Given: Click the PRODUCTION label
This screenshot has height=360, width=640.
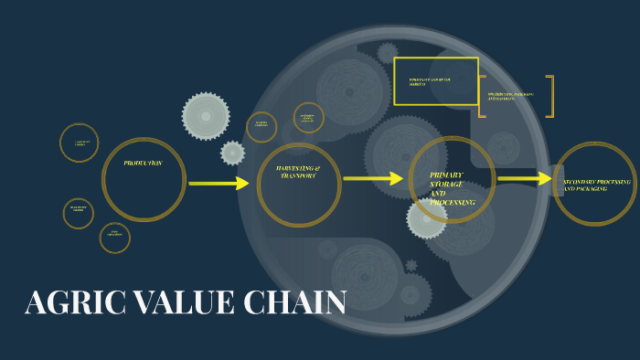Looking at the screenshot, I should click(144, 163).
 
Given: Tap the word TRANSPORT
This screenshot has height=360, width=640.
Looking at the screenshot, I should click(298, 176).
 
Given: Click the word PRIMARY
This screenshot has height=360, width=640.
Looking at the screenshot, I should click(446, 175).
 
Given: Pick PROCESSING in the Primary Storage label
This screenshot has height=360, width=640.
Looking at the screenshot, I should click(453, 202).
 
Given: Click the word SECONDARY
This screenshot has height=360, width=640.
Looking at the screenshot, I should click(582, 182).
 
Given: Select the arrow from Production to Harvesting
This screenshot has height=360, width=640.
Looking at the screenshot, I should click(219, 184).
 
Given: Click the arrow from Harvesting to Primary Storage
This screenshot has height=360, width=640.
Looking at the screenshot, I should click(373, 179).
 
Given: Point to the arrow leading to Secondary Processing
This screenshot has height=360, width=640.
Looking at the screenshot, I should click(525, 179).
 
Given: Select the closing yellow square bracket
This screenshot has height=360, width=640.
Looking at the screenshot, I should click(550, 96).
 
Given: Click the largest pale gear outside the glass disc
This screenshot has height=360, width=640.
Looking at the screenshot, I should click(205, 116).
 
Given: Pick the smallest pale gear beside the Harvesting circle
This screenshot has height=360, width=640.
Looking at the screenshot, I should click(233, 154).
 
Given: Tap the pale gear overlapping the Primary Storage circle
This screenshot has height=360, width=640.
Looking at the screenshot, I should click(426, 219).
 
